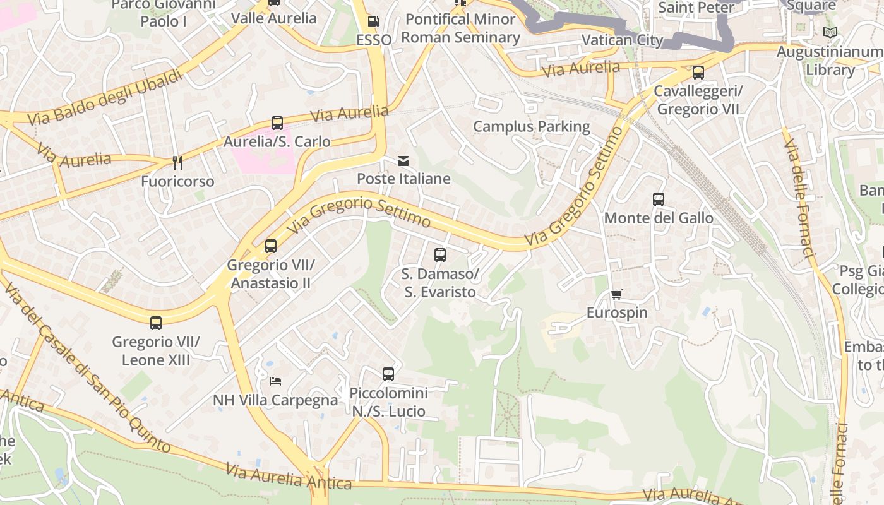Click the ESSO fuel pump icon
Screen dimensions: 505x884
click(x=374, y=21)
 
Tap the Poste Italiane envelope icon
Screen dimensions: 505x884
click(x=403, y=161)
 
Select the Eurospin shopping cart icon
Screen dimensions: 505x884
click(x=617, y=295)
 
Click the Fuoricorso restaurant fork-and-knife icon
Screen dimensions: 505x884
click(x=177, y=163)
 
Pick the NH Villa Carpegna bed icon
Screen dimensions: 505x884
click(x=275, y=381)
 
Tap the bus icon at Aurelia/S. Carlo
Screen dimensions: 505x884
click(x=277, y=123)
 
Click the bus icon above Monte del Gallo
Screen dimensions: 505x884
click(x=659, y=199)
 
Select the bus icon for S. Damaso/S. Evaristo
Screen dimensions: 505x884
click(x=440, y=255)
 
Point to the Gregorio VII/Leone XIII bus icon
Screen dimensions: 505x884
click(x=156, y=323)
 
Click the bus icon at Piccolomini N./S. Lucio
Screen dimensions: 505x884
click(x=388, y=374)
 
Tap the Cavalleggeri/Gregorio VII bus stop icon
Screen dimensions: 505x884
click(x=698, y=73)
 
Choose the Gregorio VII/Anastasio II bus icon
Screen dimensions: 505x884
click(x=271, y=246)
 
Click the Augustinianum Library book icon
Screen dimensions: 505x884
click(x=830, y=32)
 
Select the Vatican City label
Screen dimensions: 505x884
click(x=622, y=40)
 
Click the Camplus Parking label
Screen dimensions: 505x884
click(x=532, y=126)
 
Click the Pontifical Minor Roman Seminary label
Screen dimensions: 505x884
click(x=460, y=28)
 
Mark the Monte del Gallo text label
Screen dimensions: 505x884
click(x=659, y=218)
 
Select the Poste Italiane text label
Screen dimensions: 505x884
click(x=403, y=179)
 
